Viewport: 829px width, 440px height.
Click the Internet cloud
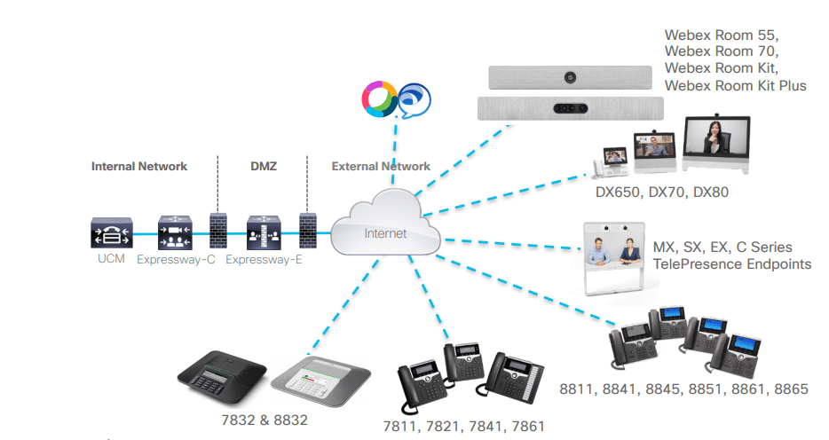pyautogui.click(x=385, y=229)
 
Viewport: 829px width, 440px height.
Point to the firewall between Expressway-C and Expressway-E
pyautogui.click(x=216, y=233)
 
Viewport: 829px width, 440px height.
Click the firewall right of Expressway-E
pyautogui.click(x=307, y=233)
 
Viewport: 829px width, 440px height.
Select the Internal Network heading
pyautogui.click(x=139, y=166)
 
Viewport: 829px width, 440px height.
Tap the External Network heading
pyautogui.click(x=381, y=166)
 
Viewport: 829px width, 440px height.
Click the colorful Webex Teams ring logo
pyautogui.click(x=378, y=98)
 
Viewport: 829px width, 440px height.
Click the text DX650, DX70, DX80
pyautogui.click(x=662, y=192)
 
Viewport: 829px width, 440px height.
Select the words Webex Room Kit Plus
pyautogui.click(x=736, y=85)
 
